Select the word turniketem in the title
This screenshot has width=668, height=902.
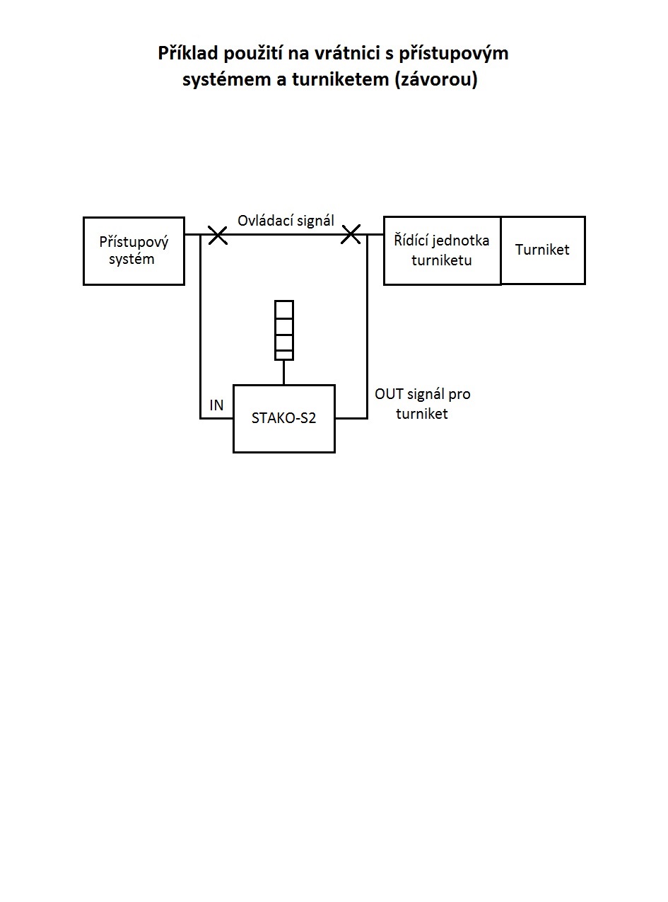click(341, 79)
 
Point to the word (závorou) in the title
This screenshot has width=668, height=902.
click(436, 79)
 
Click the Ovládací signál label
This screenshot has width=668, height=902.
click(286, 221)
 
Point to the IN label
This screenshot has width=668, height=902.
click(216, 405)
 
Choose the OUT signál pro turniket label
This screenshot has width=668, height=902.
click(423, 404)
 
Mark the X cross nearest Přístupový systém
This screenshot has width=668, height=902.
click(218, 235)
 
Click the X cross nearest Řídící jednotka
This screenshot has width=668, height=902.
click(351, 235)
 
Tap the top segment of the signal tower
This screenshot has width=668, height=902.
click(284, 309)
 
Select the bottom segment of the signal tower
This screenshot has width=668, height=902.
click(284, 355)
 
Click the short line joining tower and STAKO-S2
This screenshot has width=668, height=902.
click(283, 373)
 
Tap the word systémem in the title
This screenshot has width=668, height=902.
click(227, 79)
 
